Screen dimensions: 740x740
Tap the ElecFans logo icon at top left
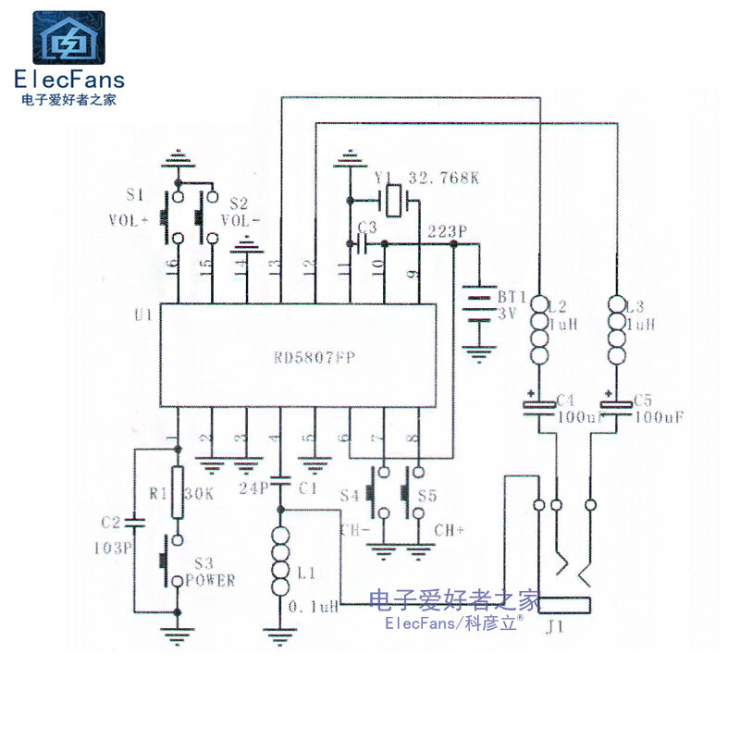coord(69,38)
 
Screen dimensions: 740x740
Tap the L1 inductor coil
coord(280,562)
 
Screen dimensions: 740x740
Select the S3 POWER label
coord(210,573)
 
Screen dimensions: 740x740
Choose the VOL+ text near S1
coord(128,220)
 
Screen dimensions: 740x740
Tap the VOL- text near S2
coord(240,220)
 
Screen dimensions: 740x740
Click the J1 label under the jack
coord(555,628)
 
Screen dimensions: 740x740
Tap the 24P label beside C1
coord(252,487)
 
